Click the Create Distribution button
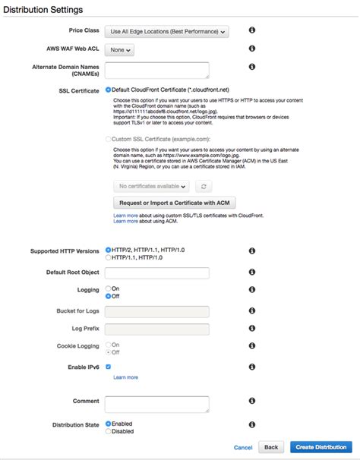point(321,447)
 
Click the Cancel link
point(243,447)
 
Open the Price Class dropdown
point(166,32)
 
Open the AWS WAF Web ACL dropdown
point(120,50)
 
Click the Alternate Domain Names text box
point(156,70)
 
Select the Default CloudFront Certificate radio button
point(109,90)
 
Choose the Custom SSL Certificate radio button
point(109,139)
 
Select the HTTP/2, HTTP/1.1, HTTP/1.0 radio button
point(109,250)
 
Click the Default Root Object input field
point(156,273)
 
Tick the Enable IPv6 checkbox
point(109,367)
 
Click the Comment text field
point(156,403)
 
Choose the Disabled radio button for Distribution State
point(109,431)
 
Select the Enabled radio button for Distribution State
point(109,424)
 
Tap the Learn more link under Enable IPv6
point(125,377)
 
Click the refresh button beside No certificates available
point(203,185)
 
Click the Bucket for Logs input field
point(156,311)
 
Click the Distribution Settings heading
point(43,9)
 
